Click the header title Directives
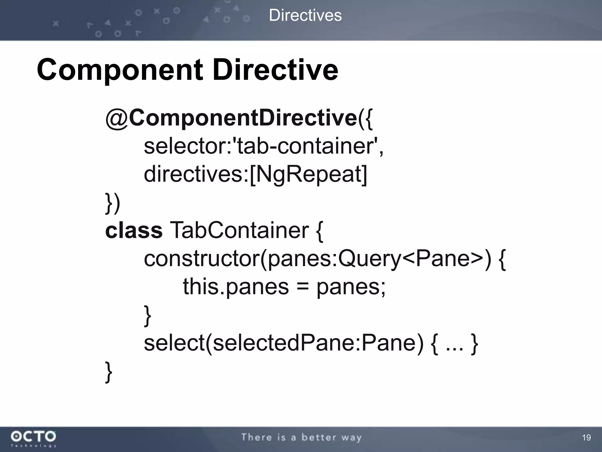[305, 15]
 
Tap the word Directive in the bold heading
[275, 70]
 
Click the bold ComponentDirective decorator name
[243, 118]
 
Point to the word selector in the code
[184, 146]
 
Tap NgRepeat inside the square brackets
[308, 174]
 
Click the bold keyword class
[134, 230]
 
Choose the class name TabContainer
[239, 230]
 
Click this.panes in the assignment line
[236, 287]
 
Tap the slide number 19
[586, 438]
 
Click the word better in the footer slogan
[319, 437]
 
